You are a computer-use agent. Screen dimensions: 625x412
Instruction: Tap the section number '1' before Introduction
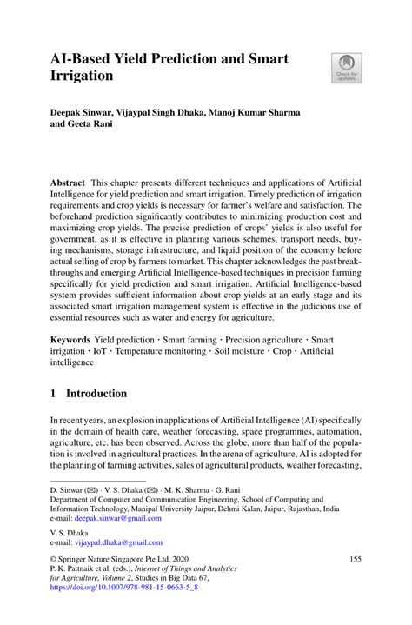point(53,394)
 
